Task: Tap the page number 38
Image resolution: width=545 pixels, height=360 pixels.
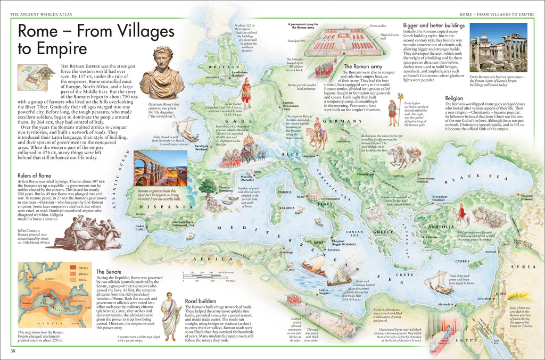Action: (x=12, y=351)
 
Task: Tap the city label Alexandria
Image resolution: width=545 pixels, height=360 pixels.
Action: (x=445, y=304)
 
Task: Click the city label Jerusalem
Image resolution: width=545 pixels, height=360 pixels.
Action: (x=484, y=299)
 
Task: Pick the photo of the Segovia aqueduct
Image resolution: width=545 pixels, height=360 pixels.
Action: (x=160, y=168)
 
